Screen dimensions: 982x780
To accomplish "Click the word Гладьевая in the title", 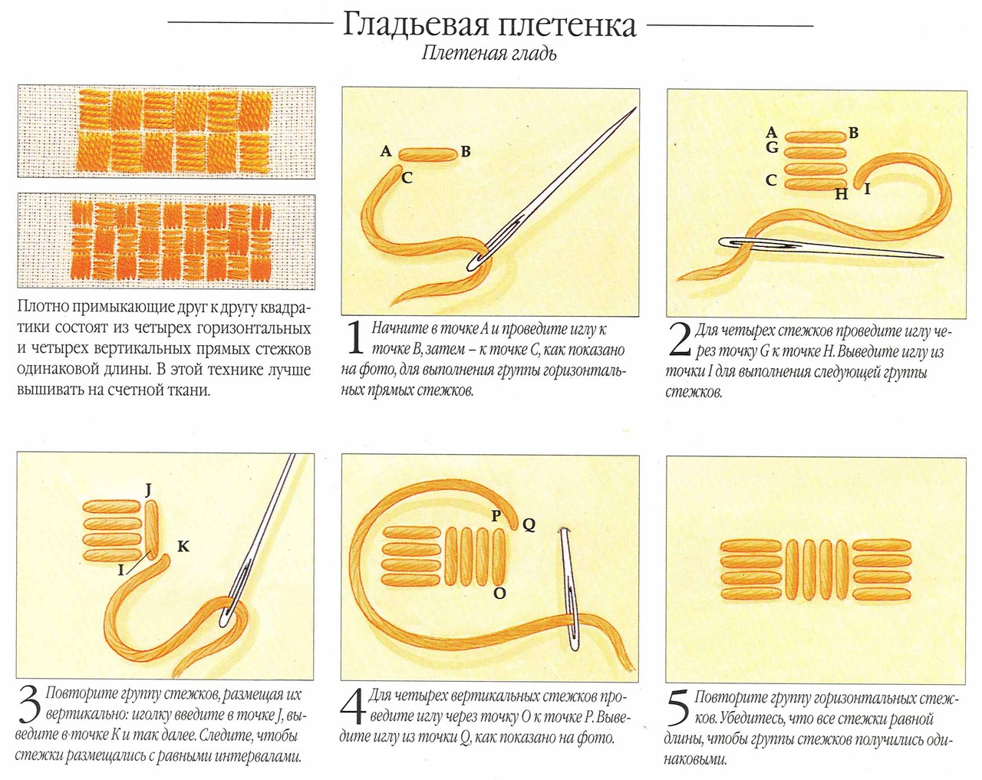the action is click(x=416, y=25).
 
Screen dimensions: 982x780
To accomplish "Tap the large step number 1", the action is click(x=354, y=339).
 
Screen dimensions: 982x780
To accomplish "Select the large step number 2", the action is click(x=680, y=340).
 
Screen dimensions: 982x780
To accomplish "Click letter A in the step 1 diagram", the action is click(x=386, y=152).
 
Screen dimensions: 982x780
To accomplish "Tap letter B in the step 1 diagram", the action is click(x=466, y=152).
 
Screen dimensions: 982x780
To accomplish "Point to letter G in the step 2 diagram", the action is click(x=772, y=146).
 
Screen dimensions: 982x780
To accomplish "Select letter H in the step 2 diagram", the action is click(x=842, y=194).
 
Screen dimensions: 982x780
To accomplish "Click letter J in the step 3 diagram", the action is click(x=148, y=489).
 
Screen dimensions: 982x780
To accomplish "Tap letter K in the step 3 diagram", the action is click(x=183, y=547).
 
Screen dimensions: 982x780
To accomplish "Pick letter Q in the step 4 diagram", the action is click(x=529, y=525).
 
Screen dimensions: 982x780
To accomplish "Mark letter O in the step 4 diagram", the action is click(x=499, y=593).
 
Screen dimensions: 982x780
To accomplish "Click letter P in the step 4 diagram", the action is click(x=496, y=516).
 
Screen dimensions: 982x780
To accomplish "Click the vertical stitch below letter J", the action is click(x=151, y=529).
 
